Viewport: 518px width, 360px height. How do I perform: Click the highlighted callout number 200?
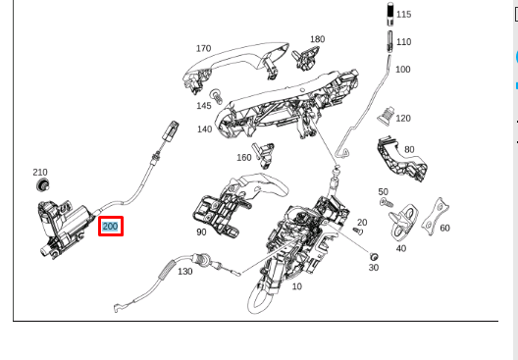(110, 227)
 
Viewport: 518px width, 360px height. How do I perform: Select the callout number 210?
(39, 172)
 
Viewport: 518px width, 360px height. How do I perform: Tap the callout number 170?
(203, 48)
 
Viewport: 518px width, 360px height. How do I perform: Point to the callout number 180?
(317, 39)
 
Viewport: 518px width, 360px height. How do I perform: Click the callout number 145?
(203, 105)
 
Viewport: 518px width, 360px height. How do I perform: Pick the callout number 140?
(204, 129)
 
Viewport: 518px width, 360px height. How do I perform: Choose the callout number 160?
(244, 157)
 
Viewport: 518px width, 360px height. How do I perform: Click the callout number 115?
(403, 14)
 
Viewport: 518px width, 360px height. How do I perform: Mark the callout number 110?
(403, 42)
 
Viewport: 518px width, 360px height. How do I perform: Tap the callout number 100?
(403, 69)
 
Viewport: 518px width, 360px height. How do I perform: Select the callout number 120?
(403, 118)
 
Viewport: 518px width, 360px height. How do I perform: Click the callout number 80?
(408, 149)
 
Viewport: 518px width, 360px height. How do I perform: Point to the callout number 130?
(184, 271)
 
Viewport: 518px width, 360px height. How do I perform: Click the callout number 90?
(201, 232)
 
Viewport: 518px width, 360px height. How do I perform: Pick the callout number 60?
(444, 228)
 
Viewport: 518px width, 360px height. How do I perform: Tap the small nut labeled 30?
(373, 254)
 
